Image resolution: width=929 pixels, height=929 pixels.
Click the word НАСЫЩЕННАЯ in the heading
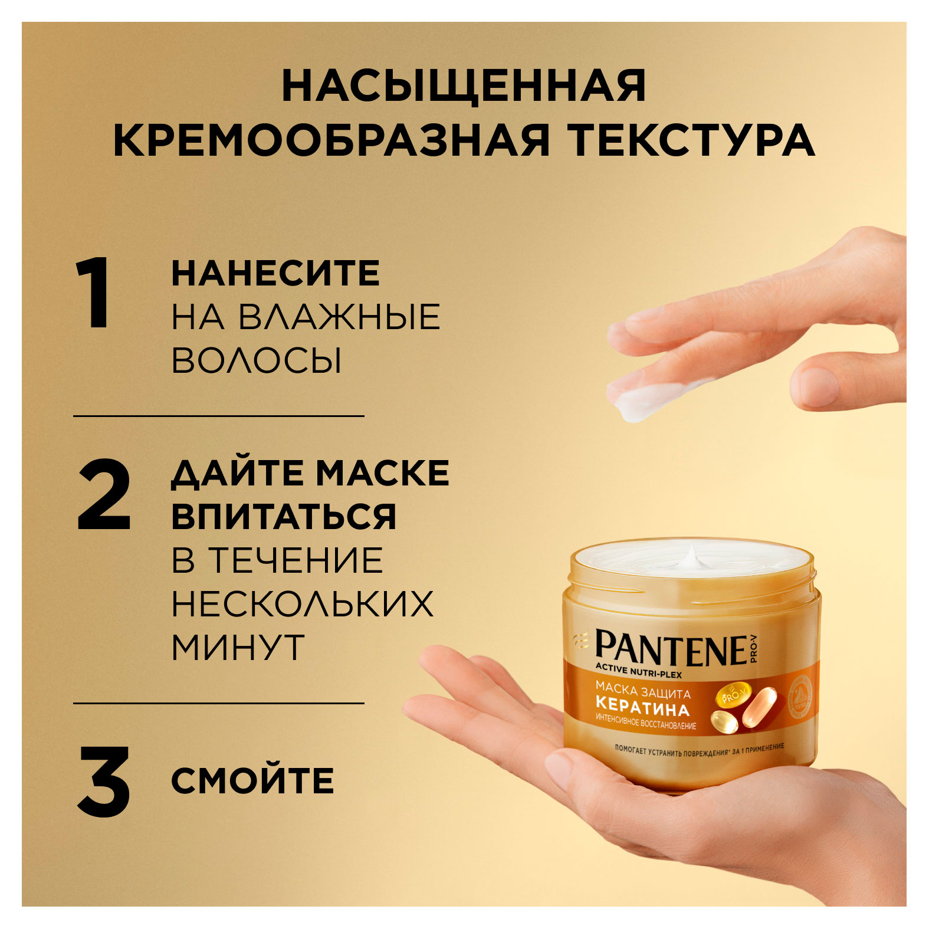464,87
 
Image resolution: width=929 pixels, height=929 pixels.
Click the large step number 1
94,293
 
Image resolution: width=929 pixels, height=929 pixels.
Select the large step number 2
104,496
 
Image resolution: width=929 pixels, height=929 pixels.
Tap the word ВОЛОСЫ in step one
256,360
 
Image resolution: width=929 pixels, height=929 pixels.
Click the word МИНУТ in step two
238,647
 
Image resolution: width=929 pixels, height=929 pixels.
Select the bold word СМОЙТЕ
252,781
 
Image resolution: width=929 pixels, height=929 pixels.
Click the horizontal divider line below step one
218,416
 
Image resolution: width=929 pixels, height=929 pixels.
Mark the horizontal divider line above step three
218,703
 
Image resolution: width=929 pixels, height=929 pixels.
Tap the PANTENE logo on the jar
671,649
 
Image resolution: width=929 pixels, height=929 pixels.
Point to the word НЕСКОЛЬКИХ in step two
302,603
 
